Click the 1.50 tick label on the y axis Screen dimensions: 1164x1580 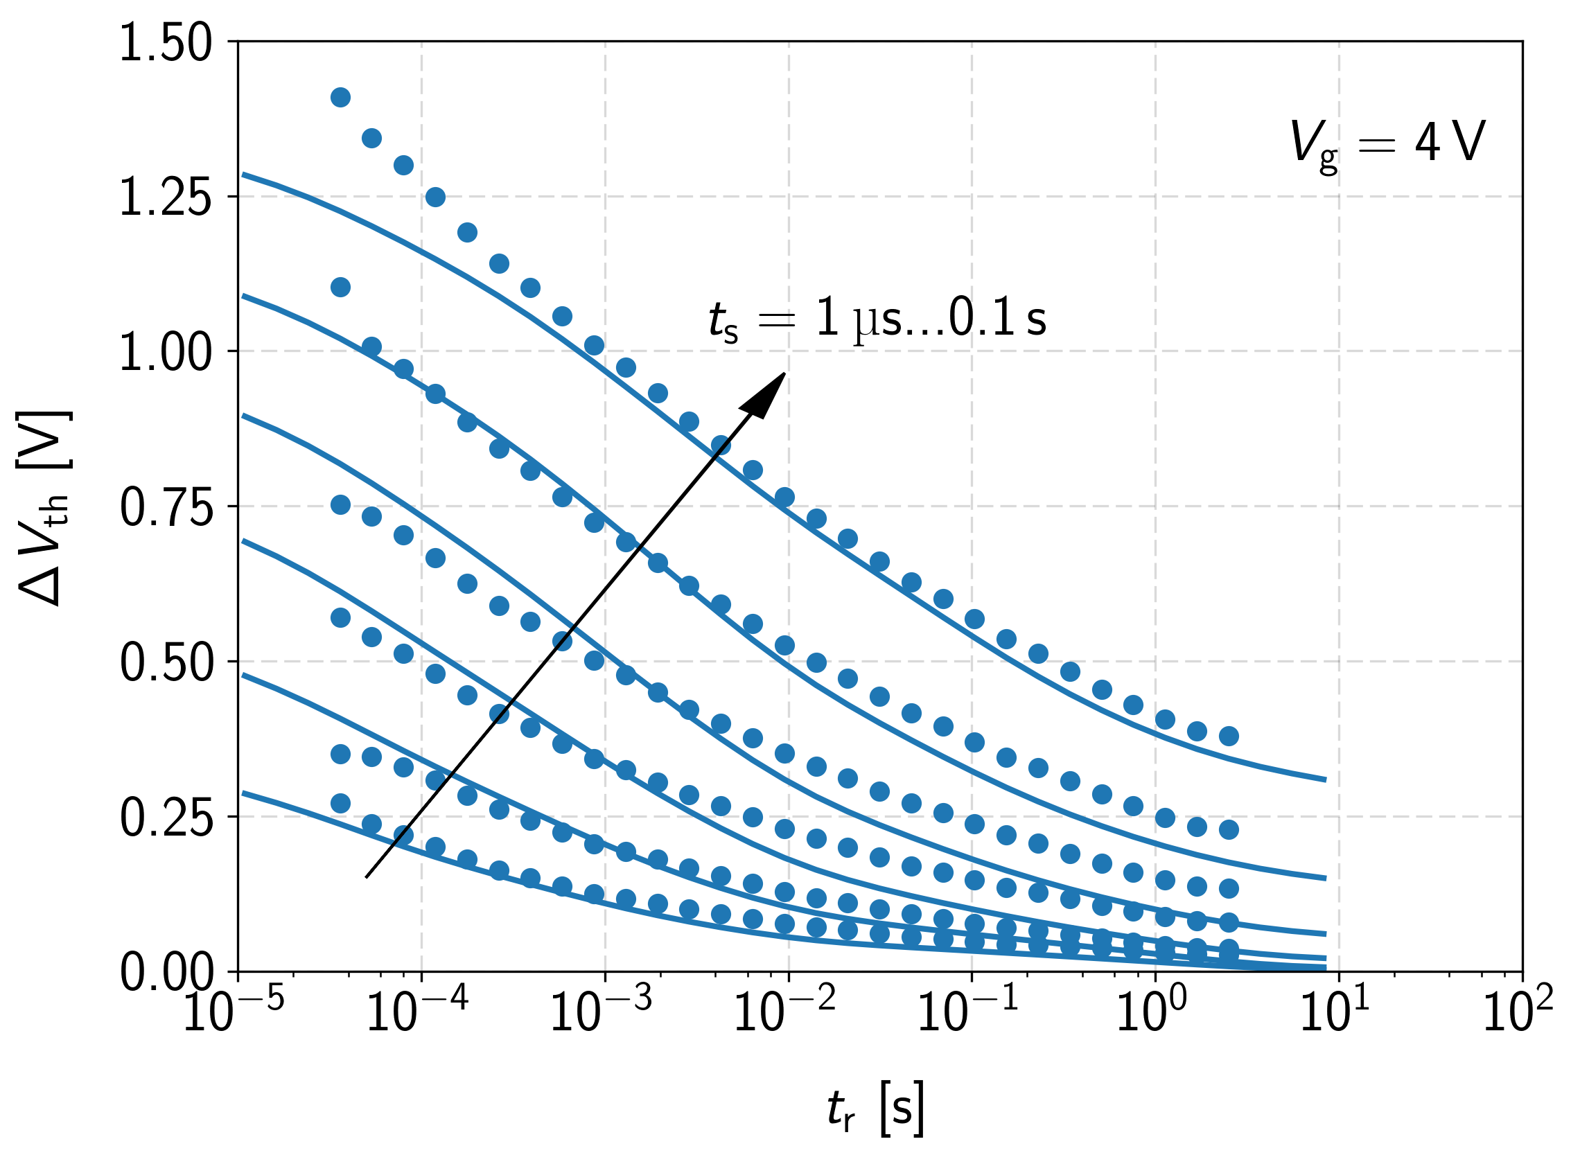point(165,44)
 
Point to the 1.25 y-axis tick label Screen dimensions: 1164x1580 point(165,198)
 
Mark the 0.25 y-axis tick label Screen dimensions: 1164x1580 point(165,818)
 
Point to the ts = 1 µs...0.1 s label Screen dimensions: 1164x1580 point(877,321)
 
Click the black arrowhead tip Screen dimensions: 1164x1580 point(785,373)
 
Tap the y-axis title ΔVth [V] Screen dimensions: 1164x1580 point(44,507)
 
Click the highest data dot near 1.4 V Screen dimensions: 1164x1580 point(340,97)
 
